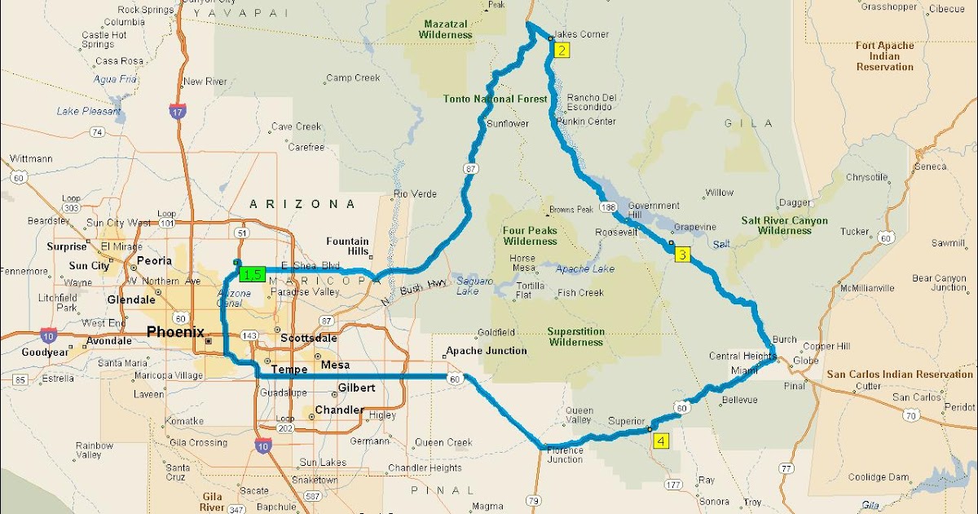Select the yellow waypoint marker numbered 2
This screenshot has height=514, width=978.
point(562,50)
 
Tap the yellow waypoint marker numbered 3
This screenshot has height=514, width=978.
point(682,255)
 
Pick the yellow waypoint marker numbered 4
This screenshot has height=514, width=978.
point(660,441)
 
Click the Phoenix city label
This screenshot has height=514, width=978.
point(175,331)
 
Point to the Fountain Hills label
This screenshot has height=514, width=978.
point(347,246)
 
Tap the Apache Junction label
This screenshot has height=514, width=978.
point(486,351)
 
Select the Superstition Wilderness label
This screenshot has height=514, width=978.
point(575,337)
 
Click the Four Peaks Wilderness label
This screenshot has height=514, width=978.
point(530,236)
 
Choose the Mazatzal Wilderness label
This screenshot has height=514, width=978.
point(445,29)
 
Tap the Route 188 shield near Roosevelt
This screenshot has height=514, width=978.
point(608,207)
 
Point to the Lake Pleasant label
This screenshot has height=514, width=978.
point(88,111)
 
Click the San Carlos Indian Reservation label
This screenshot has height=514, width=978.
point(900,374)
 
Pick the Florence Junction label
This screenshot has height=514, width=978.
point(565,454)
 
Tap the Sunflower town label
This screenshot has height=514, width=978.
point(508,124)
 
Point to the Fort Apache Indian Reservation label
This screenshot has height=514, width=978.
point(884,56)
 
